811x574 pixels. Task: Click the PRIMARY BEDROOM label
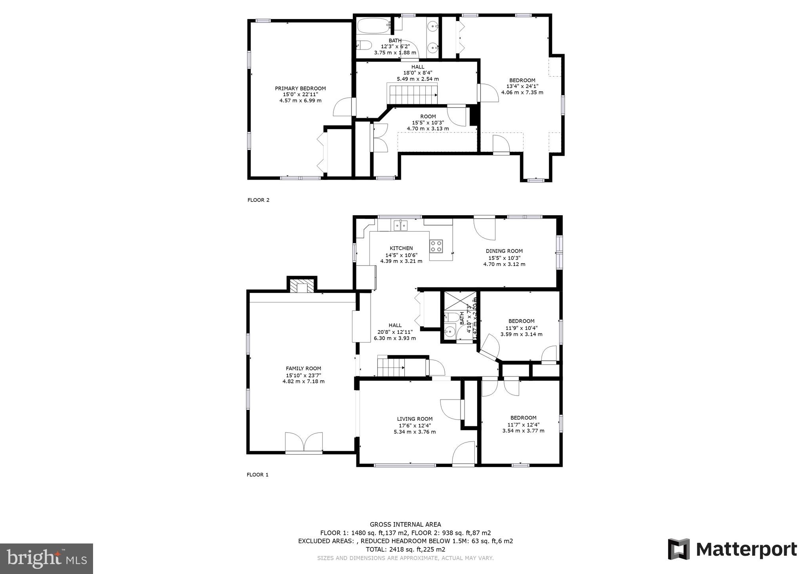click(300, 88)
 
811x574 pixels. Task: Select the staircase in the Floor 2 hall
click(412, 95)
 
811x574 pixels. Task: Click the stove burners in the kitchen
click(436, 246)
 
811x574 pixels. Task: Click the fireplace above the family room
click(302, 286)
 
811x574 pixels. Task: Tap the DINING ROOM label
click(504, 251)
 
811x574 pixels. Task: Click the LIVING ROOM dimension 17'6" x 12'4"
click(415, 425)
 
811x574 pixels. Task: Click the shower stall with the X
click(460, 301)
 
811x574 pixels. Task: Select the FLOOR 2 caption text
click(258, 200)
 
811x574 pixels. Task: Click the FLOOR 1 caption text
click(257, 475)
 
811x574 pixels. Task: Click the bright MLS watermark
click(46, 559)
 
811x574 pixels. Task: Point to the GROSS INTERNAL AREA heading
click(405, 524)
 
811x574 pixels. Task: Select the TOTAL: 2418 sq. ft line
click(405, 549)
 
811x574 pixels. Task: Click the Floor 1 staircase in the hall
click(391, 366)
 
